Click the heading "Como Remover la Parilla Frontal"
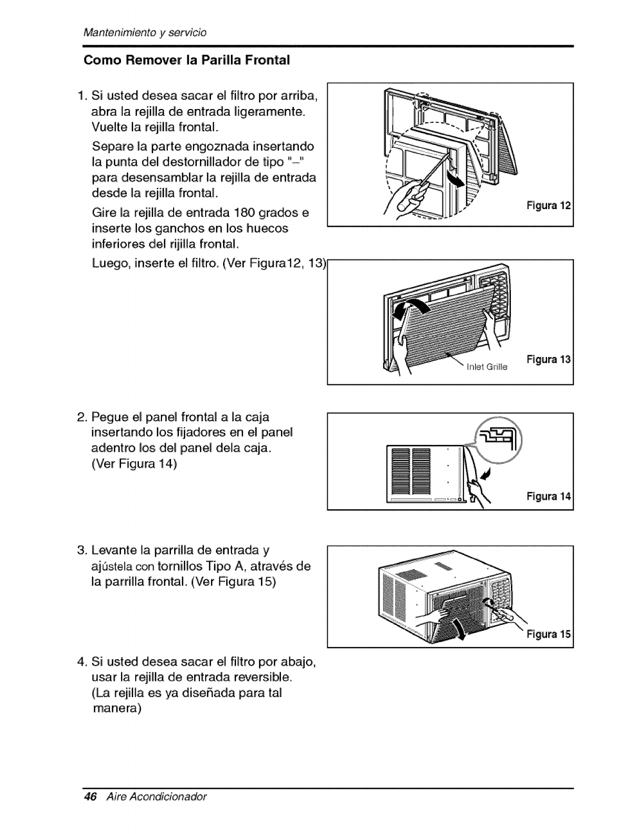(x=187, y=60)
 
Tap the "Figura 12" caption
(x=549, y=205)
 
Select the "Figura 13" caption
(x=548, y=359)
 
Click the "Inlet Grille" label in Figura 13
(x=487, y=368)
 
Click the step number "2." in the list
(x=82, y=418)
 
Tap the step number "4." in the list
(x=82, y=661)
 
